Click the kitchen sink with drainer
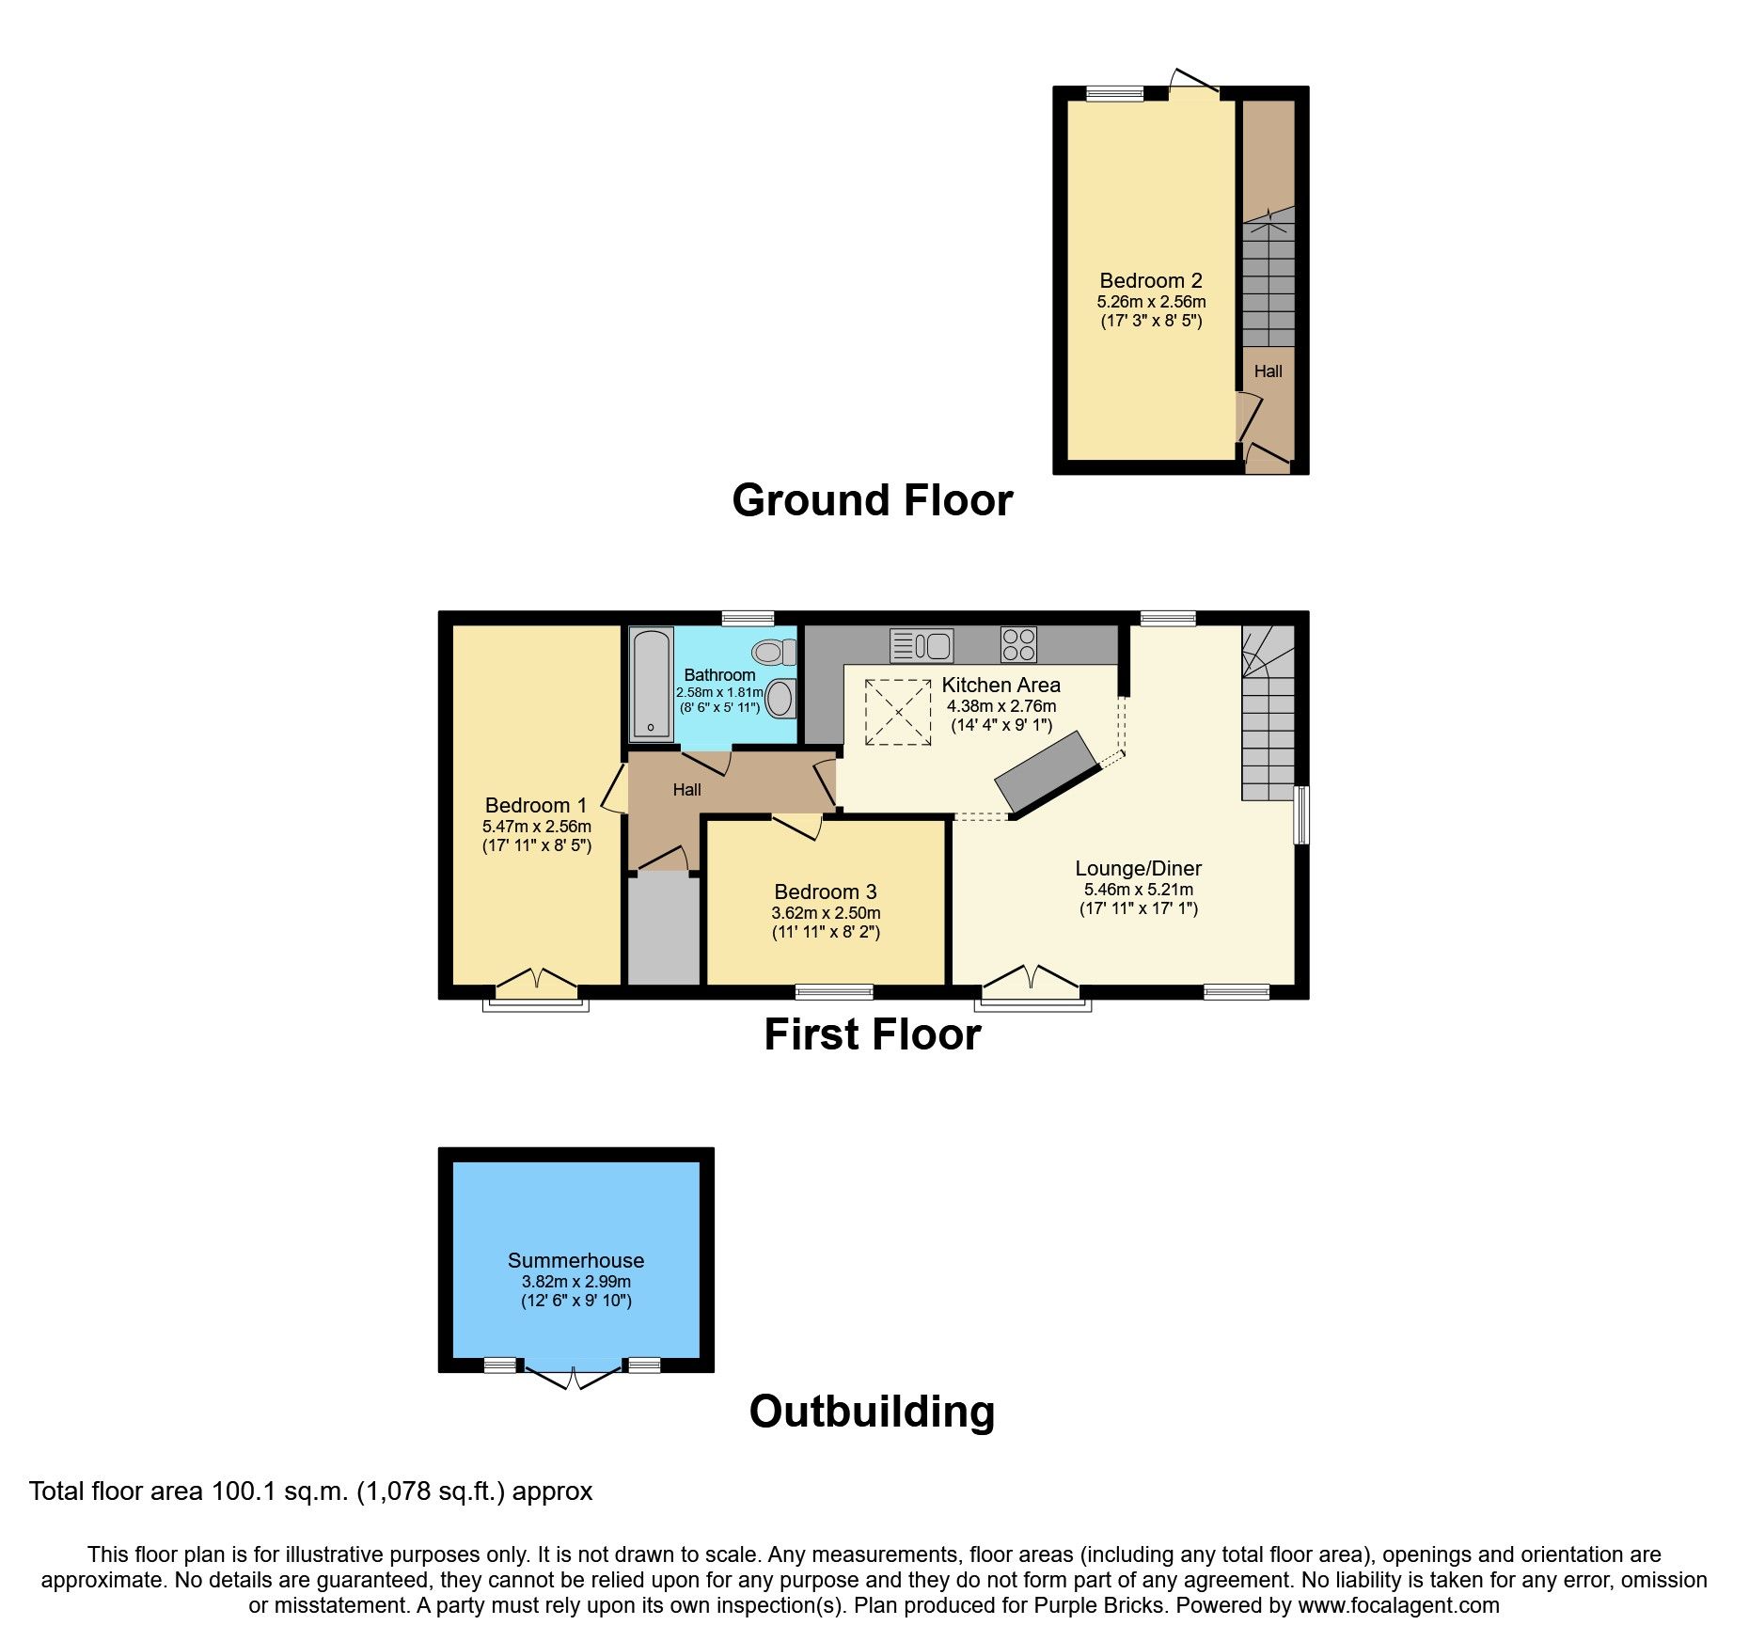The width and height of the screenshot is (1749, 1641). pos(922,646)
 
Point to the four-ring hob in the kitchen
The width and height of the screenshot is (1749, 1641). pos(1018,645)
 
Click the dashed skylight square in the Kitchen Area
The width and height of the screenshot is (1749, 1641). pos(898,713)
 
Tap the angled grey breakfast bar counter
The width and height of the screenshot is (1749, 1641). pos(1047,773)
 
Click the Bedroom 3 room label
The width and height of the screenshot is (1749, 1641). pos(825,892)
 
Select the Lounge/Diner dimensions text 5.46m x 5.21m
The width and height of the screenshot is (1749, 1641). pos(1138,890)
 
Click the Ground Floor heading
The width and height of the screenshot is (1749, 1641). pos(872,500)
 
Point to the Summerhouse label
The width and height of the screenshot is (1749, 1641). pos(575,1260)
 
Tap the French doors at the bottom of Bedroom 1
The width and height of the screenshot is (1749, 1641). pos(536,984)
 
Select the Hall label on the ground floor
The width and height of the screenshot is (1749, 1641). pos(1268,371)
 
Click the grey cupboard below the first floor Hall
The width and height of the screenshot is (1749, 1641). pos(663,930)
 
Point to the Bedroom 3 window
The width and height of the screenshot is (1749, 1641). pos(834,991)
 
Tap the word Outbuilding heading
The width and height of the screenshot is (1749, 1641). pos(872,1412)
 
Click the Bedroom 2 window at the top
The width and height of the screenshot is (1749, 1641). pos(1114,93)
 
